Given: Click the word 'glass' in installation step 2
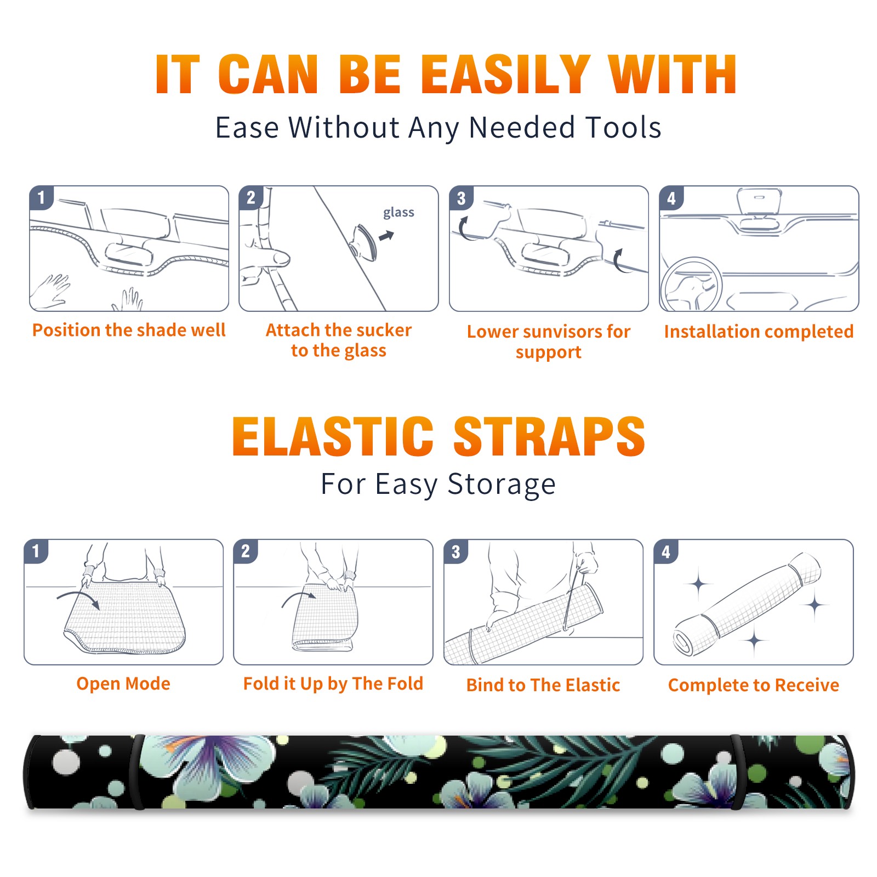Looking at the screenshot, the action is (x=398, y=213).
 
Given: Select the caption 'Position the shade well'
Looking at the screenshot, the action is (x=129, y=330).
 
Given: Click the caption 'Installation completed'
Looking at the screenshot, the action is (x=759, y=332).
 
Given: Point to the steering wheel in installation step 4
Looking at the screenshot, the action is (x=692, y=284).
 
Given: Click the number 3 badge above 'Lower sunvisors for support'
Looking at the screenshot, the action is (x=461, y=198).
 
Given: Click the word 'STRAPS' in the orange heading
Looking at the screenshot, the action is (x=549, y=436).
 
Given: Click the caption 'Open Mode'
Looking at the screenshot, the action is (x=123, y=684).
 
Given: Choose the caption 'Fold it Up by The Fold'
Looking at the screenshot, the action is (x=333, y=684).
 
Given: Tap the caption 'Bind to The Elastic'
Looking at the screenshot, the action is (x=543, y=685).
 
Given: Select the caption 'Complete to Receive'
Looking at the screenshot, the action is (x=754, y=685).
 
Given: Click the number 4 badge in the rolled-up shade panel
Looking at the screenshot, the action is (x=666, y=551).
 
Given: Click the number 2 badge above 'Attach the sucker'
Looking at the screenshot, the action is (x=251, y=198).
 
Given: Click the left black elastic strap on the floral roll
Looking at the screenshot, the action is (x=137, y=772).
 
